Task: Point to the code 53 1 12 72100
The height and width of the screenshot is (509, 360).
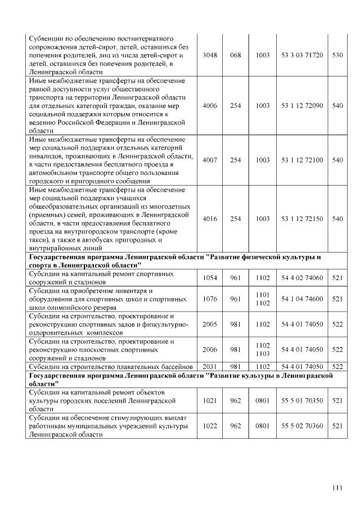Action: (x=302, y=160)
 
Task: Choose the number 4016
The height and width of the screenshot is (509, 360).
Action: (x=209, y=219)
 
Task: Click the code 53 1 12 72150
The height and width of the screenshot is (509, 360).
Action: (x=302, y=219)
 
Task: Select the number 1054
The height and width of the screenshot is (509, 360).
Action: (x=209, y=278)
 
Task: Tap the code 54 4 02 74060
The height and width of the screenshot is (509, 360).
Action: (x=302, y=278)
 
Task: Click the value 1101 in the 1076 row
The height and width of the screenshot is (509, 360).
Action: (x=263, y=295)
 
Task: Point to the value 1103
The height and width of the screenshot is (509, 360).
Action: (x=263, y=354)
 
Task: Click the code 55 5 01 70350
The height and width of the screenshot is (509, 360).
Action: (x=302, y=401)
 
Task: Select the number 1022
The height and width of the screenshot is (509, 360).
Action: (x=209, y=426)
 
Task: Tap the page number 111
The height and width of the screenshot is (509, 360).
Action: (x=337, y=487)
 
